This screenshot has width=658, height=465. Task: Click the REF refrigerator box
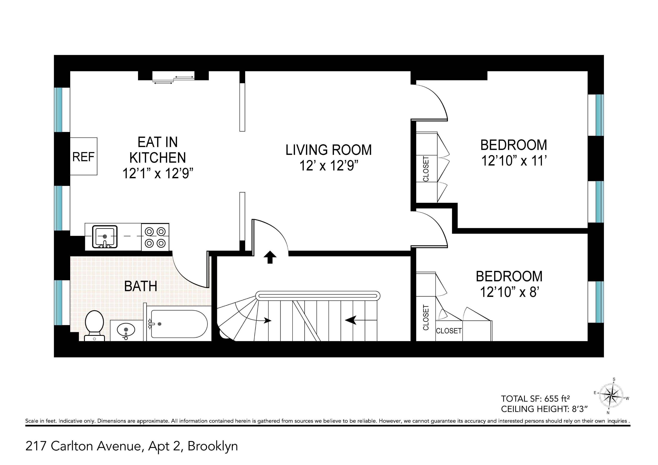[84, 156]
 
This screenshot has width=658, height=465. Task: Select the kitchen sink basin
[105, 237]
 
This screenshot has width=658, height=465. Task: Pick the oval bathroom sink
[126, 330]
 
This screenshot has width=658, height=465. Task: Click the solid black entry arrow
[270, 257]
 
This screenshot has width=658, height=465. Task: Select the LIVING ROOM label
[329, 150]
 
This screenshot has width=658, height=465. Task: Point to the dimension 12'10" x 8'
[510, 292]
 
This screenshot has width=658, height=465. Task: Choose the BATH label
[141, 286]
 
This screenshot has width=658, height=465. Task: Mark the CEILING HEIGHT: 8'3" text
[544, 409]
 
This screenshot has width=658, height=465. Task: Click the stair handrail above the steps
[318, 296]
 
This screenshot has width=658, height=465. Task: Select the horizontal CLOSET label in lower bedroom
[449, 331]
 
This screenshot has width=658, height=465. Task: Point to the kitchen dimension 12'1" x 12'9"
[158, 173]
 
